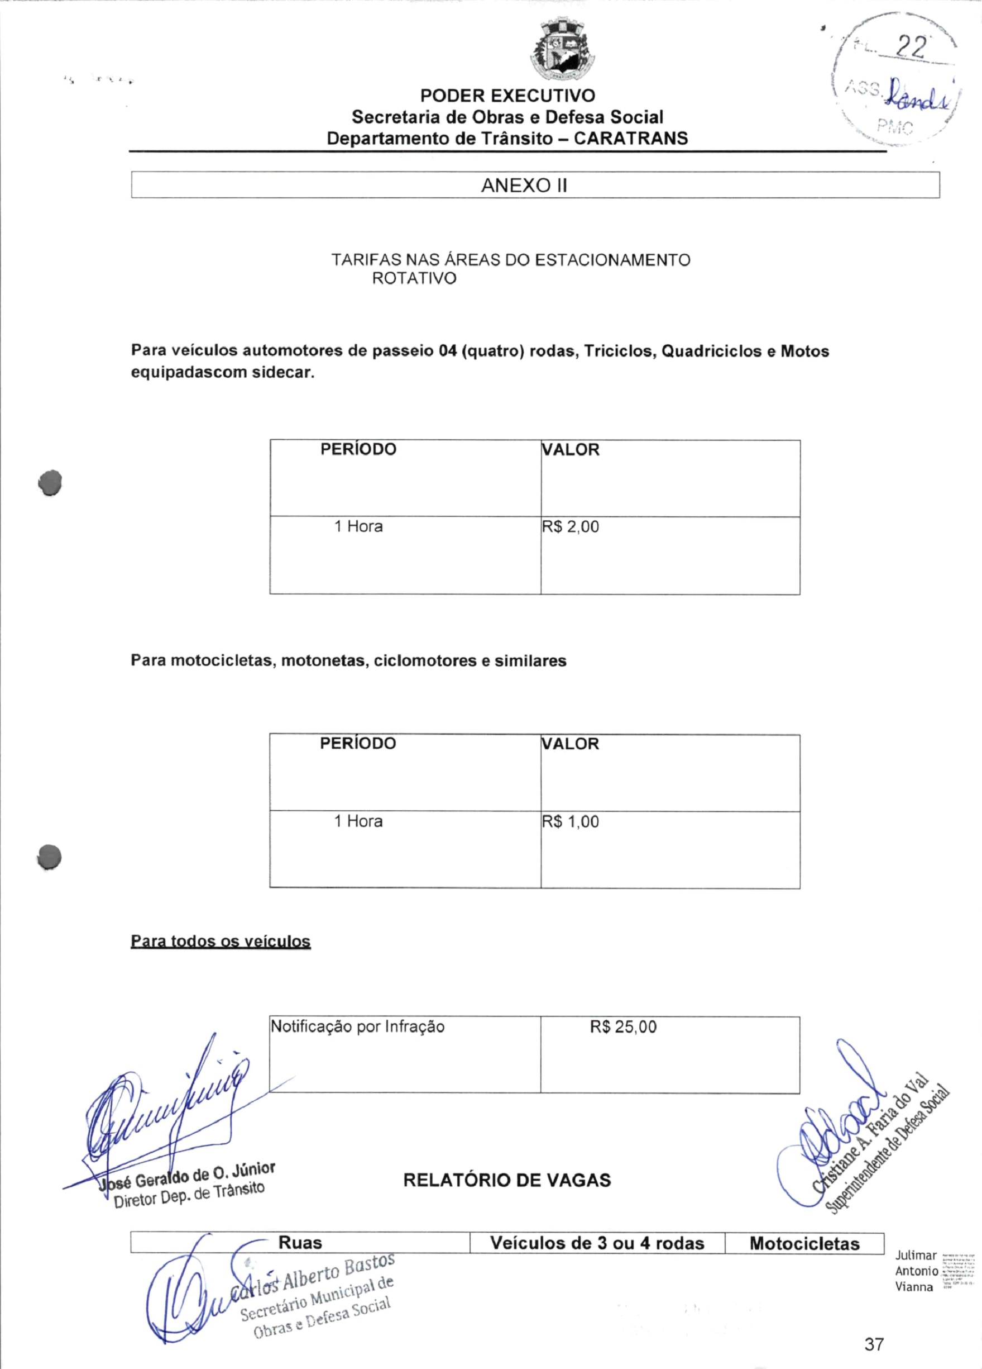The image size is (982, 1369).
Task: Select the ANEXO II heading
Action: click(x=524, y=186)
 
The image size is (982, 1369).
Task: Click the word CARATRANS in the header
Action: click(x=630, y=139)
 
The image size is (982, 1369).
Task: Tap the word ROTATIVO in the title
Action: click(x=414, y=279)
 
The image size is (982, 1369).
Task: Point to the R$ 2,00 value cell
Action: click(x=571, y=527)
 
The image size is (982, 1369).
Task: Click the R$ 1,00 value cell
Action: click(x=571, y=821)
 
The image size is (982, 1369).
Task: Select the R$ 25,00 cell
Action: click(x=623, y=1027)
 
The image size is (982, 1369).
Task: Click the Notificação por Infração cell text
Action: click(x=358, y=1027)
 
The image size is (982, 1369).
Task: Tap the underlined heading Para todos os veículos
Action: click(x=221, y=941)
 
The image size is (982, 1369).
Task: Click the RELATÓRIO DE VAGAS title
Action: click(x=507, y=1180)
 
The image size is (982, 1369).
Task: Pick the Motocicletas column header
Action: click(x=804, y=1243)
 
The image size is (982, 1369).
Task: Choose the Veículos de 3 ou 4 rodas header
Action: click(x=597, y=1243)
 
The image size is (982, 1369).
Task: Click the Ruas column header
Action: click(x=300, y=1243)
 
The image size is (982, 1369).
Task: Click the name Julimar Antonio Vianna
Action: click(x=916, y=1271)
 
